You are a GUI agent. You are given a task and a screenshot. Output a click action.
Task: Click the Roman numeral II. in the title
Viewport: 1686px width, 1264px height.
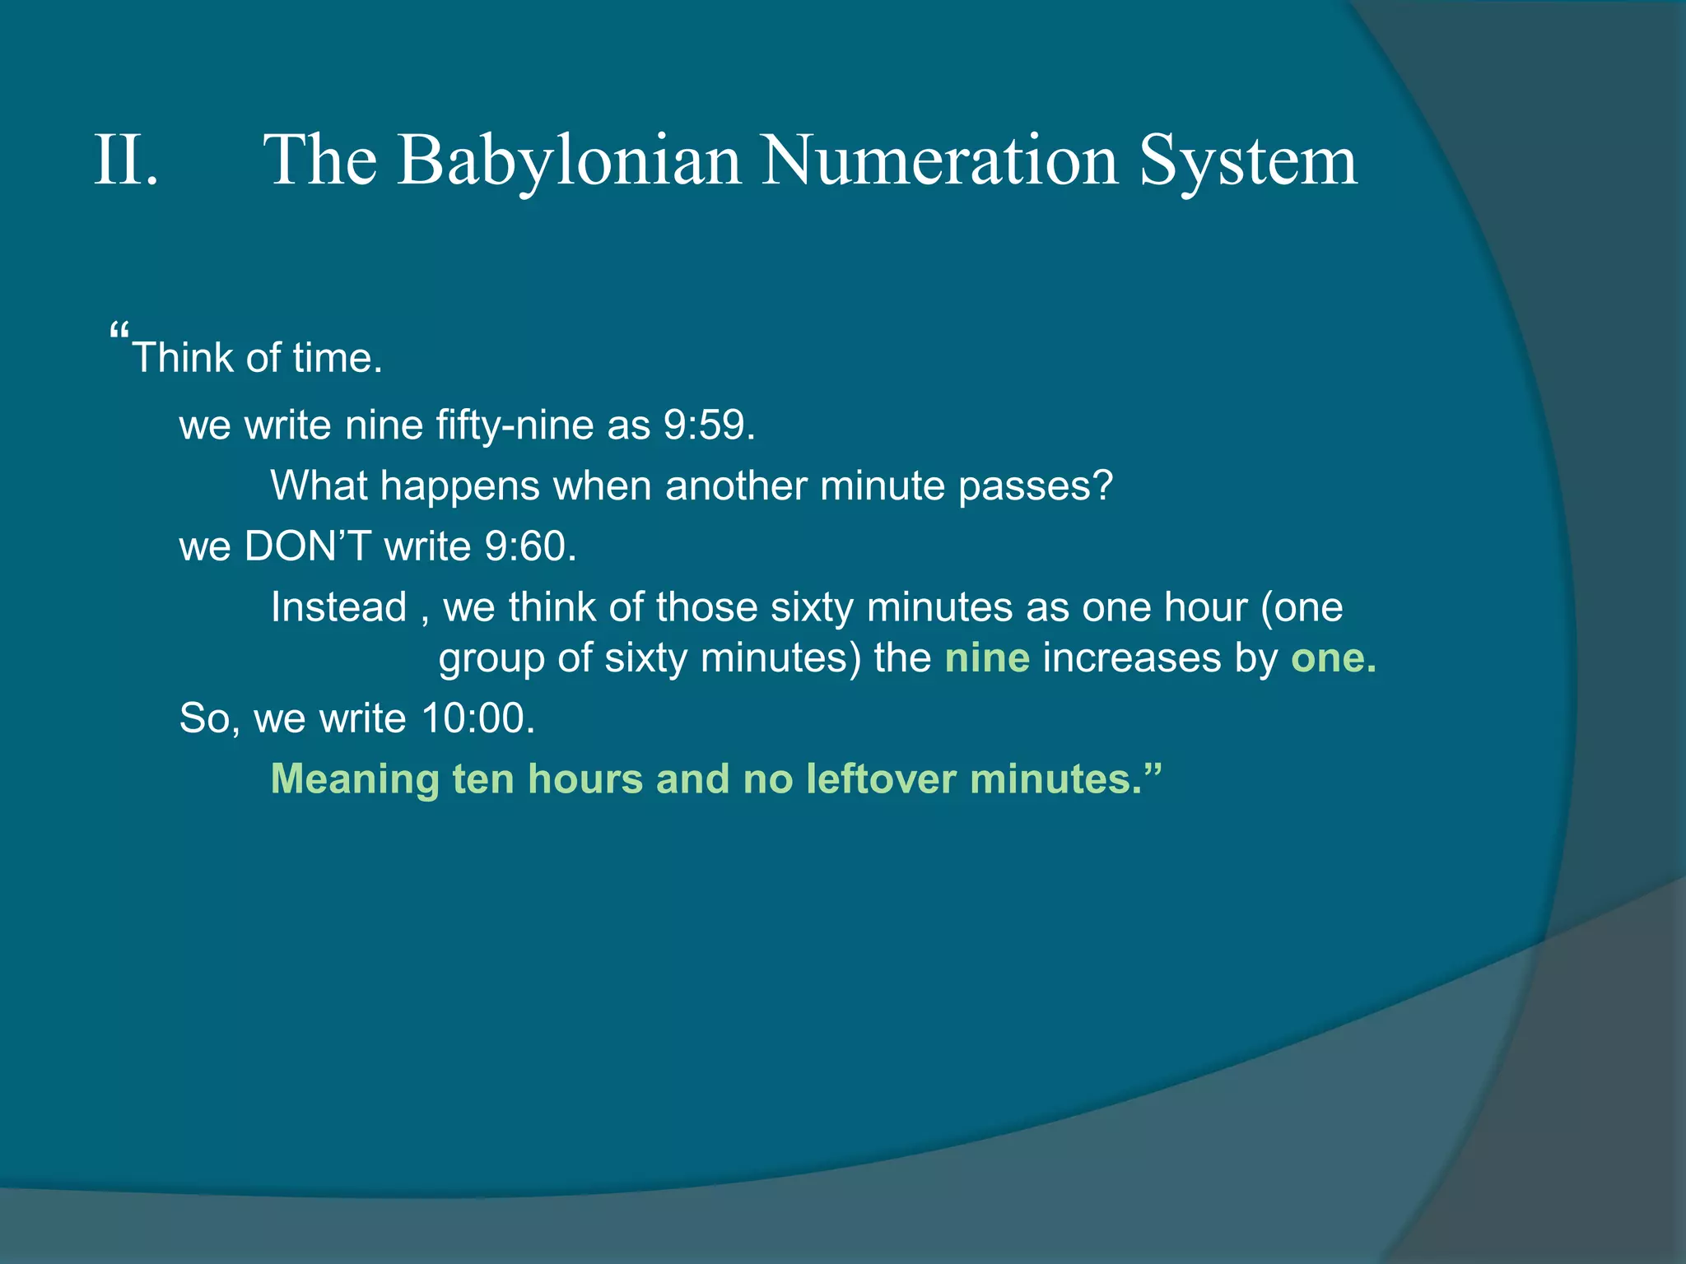point(126,160)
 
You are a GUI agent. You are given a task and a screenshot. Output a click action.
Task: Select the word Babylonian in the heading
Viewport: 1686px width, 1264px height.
point(569,160)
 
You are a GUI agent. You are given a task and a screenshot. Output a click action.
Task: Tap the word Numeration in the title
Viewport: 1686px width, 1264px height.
point(938,160)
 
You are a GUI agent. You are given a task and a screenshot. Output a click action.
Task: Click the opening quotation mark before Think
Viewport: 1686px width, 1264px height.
point(119,334)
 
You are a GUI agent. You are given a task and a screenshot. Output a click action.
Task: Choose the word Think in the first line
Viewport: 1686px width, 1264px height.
point(182,358)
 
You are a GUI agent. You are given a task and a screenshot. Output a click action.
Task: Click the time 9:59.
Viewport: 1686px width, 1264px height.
point(709,425)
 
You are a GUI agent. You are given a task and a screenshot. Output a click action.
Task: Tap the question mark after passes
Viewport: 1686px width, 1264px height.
point(1102,486)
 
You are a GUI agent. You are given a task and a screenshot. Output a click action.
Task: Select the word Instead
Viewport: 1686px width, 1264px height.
point(339,607)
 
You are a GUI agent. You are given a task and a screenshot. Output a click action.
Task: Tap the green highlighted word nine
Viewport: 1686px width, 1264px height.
point(987,658)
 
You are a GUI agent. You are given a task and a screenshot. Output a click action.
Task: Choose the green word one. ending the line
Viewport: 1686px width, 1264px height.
point(1333,658)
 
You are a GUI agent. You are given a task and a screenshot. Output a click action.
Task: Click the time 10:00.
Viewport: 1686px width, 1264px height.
point(477,718)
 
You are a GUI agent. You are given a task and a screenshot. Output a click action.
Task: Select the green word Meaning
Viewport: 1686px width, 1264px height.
point(355,779)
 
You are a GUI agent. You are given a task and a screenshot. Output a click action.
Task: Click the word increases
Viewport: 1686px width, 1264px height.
point(1131,658)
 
